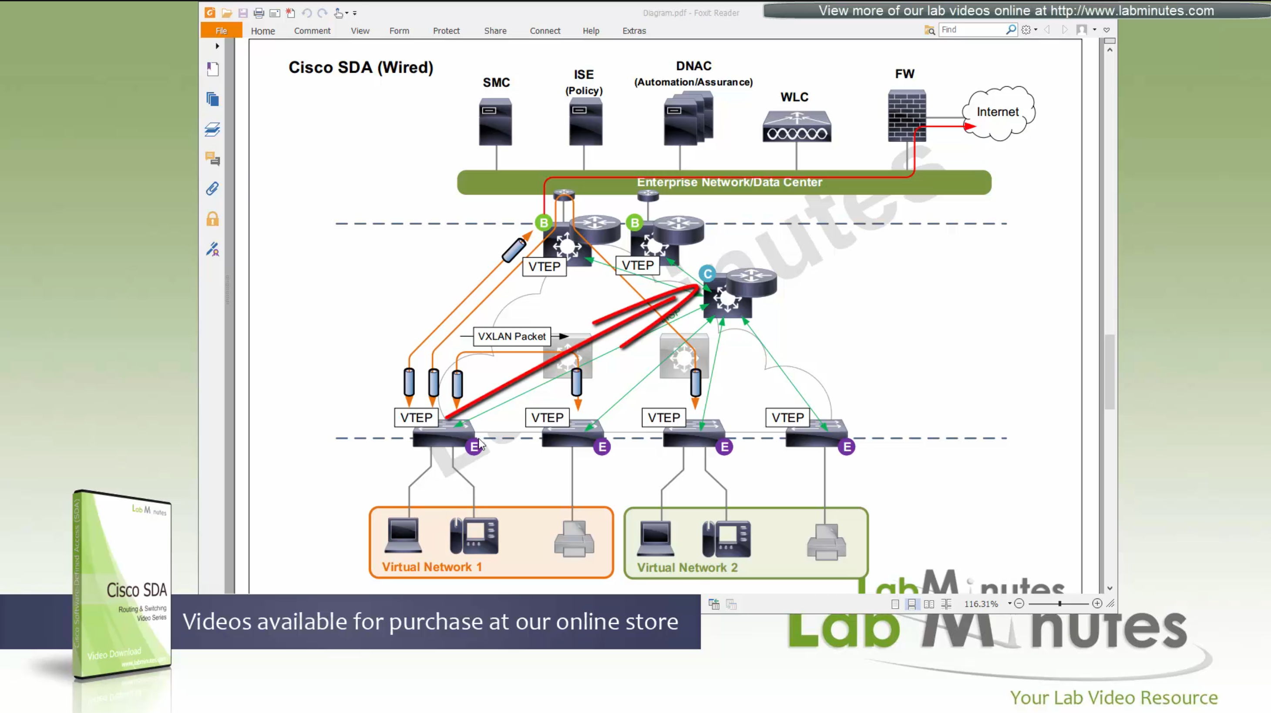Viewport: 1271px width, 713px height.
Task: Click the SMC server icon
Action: point(495,122)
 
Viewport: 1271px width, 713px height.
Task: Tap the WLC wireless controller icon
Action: point(797,127)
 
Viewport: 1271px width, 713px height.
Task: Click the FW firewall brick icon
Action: point(907,115)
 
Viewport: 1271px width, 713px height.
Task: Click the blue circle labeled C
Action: point(707,274)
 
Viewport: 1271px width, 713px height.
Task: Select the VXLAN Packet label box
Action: point(511,336)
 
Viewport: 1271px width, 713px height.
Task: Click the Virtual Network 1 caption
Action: point(432,567)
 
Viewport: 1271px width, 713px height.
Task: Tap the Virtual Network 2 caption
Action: point(687,568)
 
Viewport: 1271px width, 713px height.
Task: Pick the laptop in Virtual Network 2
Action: point(655,538)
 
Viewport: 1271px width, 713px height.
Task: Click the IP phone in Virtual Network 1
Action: point(474,536)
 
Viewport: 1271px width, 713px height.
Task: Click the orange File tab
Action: point(221,30)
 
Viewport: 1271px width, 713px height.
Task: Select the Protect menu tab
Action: point(446,30)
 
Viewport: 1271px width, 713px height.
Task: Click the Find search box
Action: point(972,30)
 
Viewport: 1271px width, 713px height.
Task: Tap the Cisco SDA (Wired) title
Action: point(361,67)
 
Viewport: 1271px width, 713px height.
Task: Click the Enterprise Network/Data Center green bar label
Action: point(729,182)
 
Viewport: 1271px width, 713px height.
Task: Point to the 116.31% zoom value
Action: point(981,604)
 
